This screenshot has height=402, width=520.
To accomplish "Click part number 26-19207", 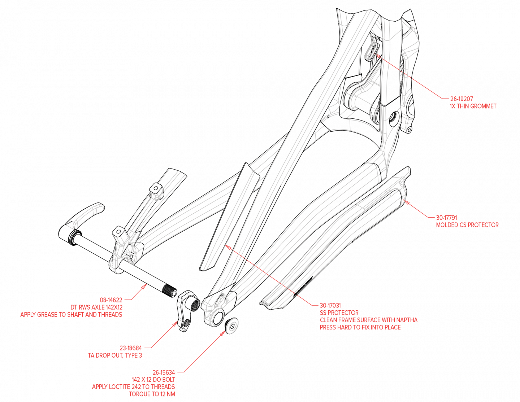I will (x=461, y=99).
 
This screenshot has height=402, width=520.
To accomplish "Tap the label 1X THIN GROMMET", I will (x=473, y=106).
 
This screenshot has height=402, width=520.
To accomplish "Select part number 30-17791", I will (x=446, y=218).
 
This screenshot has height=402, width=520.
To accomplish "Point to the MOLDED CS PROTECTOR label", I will (x=467, y=225).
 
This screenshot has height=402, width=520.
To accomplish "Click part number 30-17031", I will (x=330, y=305).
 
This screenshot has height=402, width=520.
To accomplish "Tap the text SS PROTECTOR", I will (x=339, y=313).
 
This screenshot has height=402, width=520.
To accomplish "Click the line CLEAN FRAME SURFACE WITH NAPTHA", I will (x=368, y=320).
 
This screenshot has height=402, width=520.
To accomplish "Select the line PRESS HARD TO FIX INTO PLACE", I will (x=360, y=328).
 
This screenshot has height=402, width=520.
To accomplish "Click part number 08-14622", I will (x=111, y=300).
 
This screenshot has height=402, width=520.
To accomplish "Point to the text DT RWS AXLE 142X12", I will (x=96, y=307).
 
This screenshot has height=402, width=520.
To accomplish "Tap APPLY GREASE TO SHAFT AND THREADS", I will (x=71, y=315).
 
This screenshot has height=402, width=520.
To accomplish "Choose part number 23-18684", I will (x=131, y=348).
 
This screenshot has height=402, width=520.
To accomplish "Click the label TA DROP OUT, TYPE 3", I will (x=115, y=355).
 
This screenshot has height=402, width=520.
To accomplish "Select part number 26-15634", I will (x=164, y=372).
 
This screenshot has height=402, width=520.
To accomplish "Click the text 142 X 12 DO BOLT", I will (x=153, y=380).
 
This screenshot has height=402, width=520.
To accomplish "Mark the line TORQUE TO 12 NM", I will (x=152, y=394).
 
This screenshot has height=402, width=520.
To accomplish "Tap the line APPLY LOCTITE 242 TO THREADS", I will (x=133, y=387).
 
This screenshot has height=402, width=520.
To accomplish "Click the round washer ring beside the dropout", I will (x=231, y=325).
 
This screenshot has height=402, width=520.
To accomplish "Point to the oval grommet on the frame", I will (x=371, y=51).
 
